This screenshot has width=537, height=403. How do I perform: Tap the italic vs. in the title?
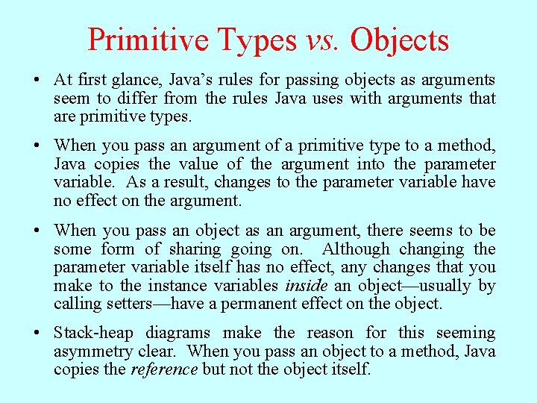(x=322, y=39)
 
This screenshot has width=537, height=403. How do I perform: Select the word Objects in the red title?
(x=400, y=40)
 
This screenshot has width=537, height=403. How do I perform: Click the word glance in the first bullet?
(x=138, y=81)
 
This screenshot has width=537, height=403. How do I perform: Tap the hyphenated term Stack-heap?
(x=95, y=333)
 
